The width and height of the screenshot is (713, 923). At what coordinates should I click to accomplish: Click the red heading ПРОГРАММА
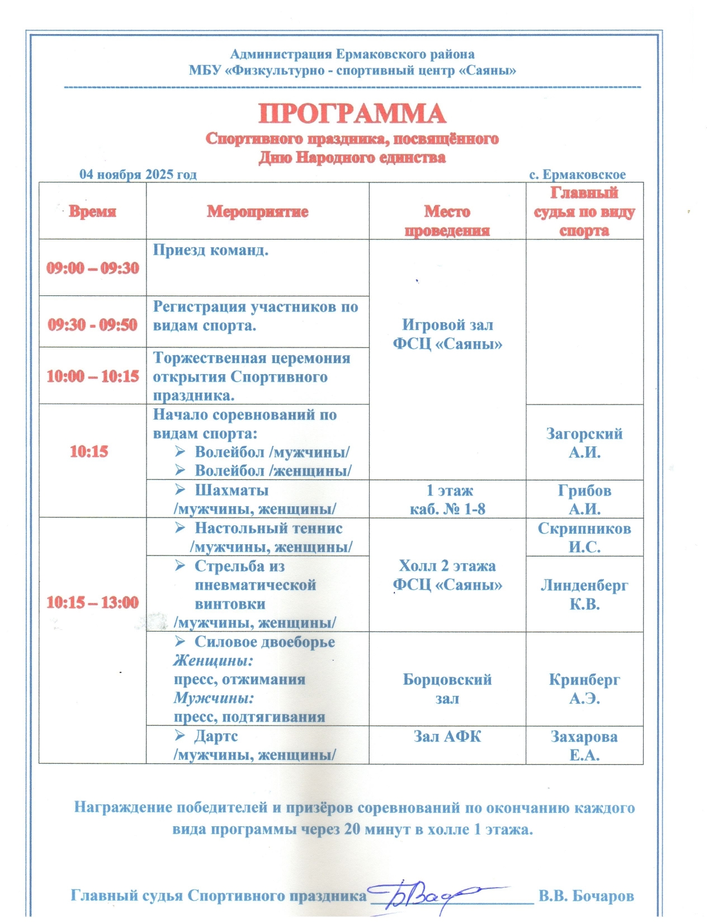tap(352, 114)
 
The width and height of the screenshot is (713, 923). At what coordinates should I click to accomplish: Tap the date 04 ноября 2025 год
tap(138, 174)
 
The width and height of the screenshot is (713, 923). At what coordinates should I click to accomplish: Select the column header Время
tap(92, 211)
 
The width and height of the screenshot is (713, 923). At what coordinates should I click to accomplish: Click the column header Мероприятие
tap(257, 211)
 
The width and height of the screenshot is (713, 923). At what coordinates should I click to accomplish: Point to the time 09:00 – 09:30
tap(92, 268)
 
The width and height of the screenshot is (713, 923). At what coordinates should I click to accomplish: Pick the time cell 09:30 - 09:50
tap(92, 324)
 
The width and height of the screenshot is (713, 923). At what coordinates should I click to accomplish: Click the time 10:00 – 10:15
tap(92, 376)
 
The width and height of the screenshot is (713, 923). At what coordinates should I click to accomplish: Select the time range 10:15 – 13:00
tap(92, 602)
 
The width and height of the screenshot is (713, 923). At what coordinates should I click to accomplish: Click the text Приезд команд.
tap(211, 250)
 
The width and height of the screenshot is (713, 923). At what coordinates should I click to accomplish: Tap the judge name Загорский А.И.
tap(584, 443)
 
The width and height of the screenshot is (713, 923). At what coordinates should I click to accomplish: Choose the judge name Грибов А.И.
tap(584, 500)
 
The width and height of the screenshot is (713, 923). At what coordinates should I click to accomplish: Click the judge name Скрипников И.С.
tap(584, 538)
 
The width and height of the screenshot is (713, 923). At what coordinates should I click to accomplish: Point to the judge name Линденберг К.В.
tap(584, 594)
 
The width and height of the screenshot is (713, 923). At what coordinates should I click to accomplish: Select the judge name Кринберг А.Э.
tap(584, 689)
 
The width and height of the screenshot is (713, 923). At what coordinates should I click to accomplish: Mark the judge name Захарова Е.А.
tap(584, 746)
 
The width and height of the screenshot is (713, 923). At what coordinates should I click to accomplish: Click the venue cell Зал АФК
tap(447, 736)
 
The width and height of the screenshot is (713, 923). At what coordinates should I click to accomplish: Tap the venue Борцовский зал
tap(447, 689)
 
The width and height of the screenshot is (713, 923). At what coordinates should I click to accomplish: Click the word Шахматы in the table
tap(232, 490)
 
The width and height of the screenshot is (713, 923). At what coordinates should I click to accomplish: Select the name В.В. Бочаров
tap(586, 896)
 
